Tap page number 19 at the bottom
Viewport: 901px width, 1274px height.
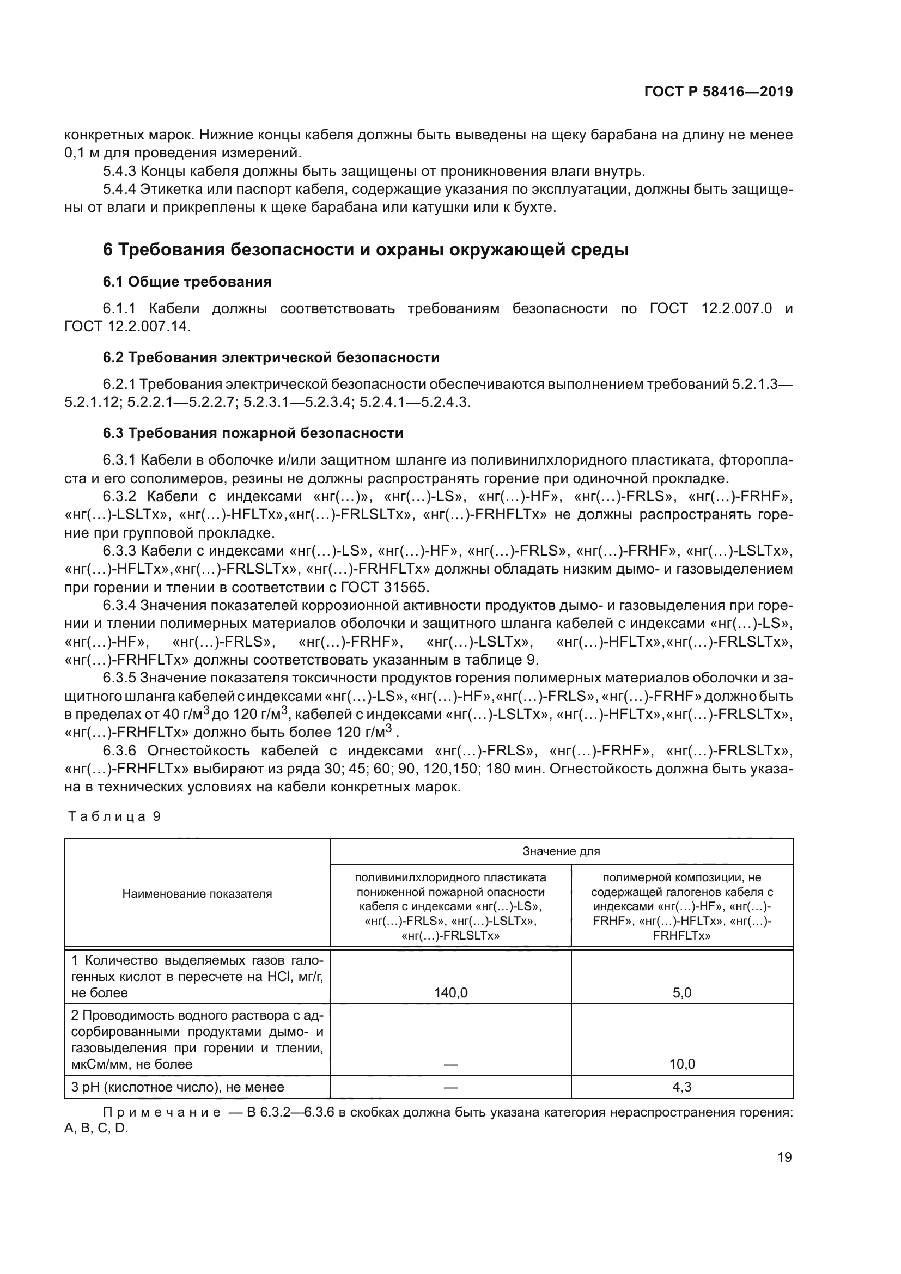pos(784,1157)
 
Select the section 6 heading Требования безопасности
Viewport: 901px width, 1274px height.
pos(366,249)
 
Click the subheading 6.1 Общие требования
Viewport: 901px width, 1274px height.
pos(187,282)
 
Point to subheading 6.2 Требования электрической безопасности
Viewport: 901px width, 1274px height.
pos(271,357)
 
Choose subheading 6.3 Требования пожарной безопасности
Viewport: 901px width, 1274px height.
pos(252,433)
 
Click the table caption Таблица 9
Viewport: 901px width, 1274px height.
pos(114,816)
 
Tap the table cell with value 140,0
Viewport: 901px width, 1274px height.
pos(450,993)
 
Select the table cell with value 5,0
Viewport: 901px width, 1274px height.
pos(682,993)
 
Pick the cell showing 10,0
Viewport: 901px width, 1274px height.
pos(682,1064)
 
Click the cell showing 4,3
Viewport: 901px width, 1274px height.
pos(682,1087)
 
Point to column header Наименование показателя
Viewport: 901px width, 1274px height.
pos(197,893)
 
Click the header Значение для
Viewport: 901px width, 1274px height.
pos(561,851)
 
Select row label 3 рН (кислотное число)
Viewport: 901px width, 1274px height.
pos(178,1087)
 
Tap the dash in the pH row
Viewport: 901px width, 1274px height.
pos(450,1087)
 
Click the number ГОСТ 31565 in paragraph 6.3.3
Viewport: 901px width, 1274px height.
pos(385,587)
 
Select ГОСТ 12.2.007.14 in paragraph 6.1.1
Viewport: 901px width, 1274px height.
pos(127,326)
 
